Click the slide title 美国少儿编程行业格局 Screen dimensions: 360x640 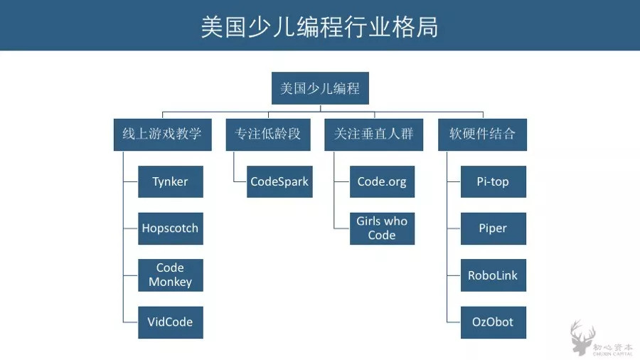[319, 26]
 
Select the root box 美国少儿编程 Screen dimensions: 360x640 [320, 89]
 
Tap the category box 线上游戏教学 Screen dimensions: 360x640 [162, 134]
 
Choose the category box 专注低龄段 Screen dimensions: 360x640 [268, 134]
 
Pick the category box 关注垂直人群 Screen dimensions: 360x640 [373, 134]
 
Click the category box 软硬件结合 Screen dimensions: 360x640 [482, 134]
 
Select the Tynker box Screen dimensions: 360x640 [171, 181]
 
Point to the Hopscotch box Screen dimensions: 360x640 [171, 228]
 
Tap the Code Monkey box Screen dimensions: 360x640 [171, 275]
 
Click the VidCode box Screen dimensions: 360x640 [171, 322]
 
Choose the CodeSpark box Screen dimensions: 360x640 [279, 181]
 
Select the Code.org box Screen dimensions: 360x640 [382, 181]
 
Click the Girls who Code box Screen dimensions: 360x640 [382, 228]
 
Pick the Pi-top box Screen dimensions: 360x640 [493, 181]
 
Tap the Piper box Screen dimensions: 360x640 [493, 228]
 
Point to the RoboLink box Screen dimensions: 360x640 [493, 275]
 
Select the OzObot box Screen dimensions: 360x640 [493, 322]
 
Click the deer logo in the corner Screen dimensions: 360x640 [582, 337]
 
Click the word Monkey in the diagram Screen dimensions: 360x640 [171, 282]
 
